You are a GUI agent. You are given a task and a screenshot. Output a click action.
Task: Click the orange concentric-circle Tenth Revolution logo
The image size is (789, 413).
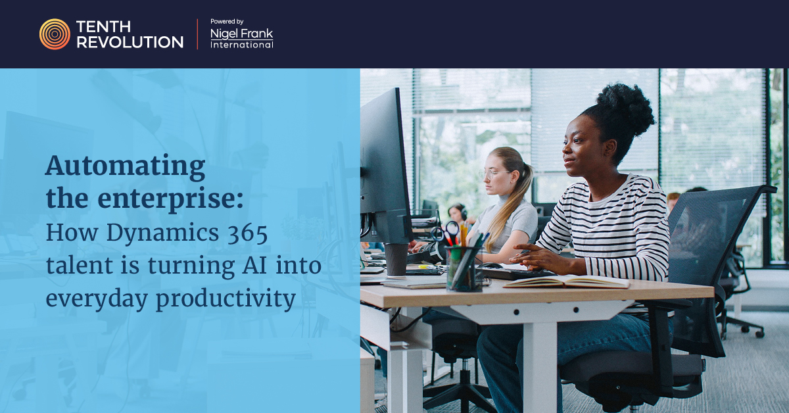click(55, 34)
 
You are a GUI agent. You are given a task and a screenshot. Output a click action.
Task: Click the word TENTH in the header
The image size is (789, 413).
click(103, 26)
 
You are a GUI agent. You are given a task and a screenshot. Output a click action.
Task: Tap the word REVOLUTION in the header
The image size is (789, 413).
click(130, 42)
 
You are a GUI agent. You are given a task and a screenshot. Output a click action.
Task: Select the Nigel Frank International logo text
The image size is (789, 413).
click(242, 38)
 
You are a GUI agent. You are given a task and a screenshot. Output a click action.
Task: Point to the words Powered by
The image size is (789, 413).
click(227, 22)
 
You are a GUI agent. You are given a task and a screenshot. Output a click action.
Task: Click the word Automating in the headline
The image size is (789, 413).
click(126, 166)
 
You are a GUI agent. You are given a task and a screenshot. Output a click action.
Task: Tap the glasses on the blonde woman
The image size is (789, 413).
click(492, 174)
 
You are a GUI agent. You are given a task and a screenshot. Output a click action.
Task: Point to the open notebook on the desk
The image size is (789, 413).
click(566, 281)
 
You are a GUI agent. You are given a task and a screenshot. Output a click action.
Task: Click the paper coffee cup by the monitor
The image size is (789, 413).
click(396, 259)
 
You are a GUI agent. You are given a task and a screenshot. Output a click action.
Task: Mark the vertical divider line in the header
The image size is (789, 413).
click(197, 34)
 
